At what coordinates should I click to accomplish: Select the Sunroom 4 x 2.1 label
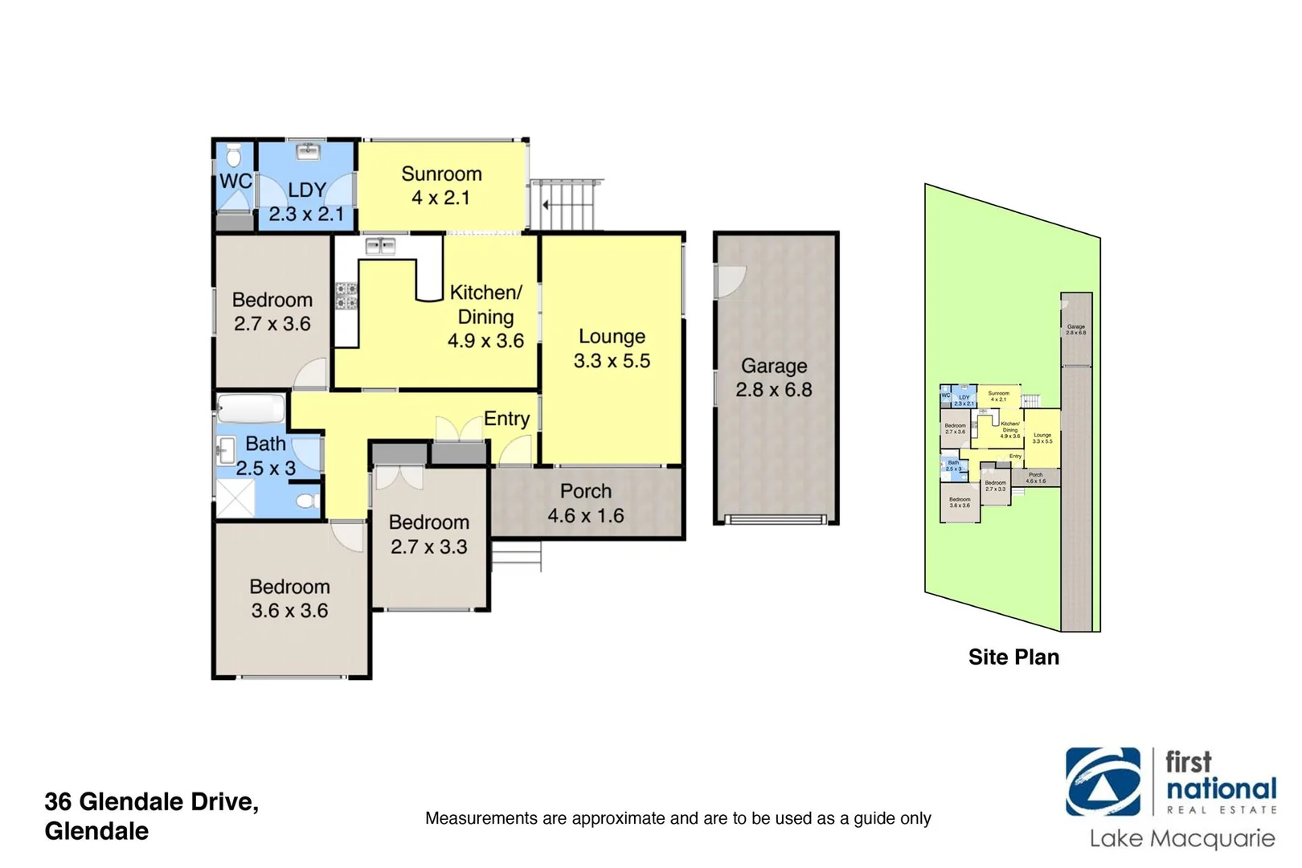click(441, 186)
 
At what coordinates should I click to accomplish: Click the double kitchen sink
click(380, 245)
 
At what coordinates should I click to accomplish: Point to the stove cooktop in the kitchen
click(346, 296)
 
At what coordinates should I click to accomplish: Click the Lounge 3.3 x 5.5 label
click(612, 349)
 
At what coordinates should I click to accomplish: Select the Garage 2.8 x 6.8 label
click(774, 378)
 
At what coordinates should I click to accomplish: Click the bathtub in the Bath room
click(252, 409)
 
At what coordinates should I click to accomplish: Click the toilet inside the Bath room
click(305, 502)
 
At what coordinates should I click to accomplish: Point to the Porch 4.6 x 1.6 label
click(586, 503)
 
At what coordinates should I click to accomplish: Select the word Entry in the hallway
click(506, 419)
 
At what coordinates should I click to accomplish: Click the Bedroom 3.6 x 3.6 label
click(289, 599)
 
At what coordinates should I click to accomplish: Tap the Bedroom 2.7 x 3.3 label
click(428, 534)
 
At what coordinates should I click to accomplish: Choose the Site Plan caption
click(1013, 657)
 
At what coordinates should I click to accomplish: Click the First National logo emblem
click(1103, 782)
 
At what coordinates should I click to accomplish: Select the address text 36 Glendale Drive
click(151, 802)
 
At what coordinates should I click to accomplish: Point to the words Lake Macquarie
click(1181, 839)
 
